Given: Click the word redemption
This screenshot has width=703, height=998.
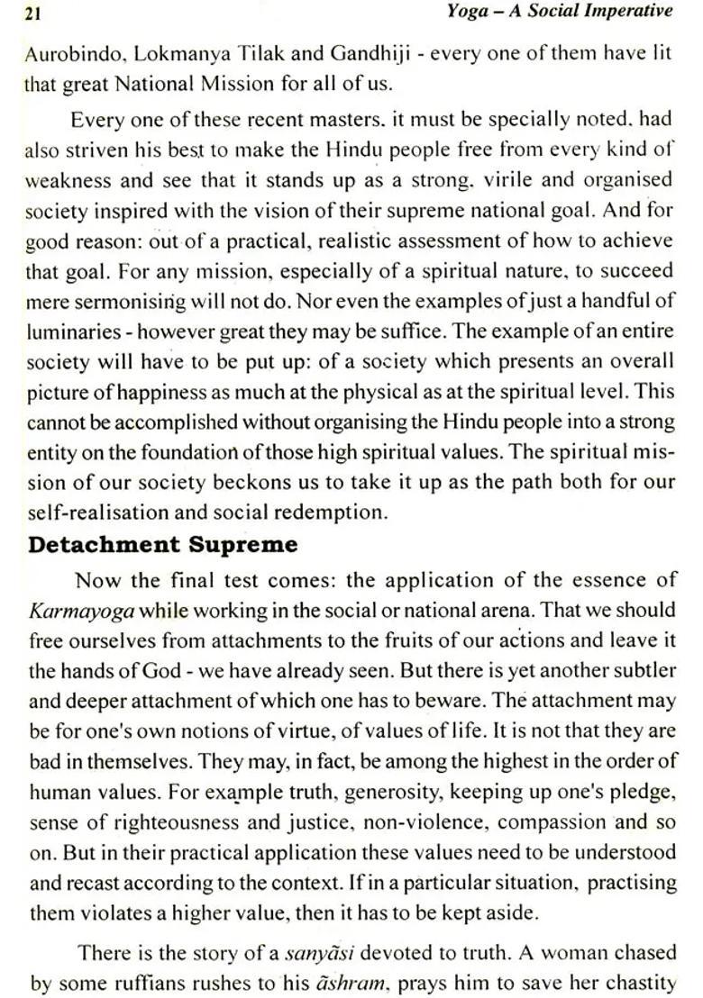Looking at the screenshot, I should click(333, 513).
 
